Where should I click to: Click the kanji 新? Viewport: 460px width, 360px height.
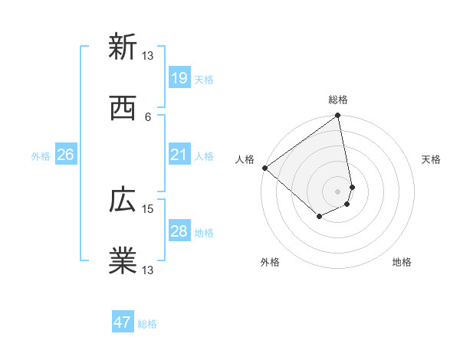123,47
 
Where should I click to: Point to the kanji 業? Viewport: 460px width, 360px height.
123,260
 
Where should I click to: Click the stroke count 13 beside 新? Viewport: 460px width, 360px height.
148,56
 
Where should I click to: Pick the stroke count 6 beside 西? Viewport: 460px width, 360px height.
148,116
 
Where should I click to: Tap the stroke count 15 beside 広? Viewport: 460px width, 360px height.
148,208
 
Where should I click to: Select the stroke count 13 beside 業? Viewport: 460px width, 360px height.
148,270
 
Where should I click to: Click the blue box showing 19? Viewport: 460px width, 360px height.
179,78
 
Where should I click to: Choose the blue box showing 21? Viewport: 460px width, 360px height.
179,155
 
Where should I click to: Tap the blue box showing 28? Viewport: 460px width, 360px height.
179,231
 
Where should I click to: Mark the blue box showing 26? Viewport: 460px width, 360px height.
65,155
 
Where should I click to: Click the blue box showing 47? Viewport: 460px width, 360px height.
123,322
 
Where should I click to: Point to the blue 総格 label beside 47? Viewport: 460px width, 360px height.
147,324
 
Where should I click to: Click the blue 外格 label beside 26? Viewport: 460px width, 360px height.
41,156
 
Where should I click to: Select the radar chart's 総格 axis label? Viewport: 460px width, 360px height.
338,100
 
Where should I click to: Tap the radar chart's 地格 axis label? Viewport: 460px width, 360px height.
402,263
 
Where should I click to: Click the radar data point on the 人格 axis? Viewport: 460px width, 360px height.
264,168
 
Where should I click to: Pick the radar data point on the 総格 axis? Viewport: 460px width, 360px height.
338,116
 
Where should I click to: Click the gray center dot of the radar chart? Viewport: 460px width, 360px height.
338,191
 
